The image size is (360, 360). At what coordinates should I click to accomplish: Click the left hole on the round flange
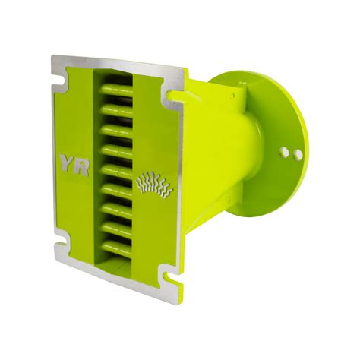click(283, 152)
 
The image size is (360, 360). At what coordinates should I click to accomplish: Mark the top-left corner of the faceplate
click(52, 57)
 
